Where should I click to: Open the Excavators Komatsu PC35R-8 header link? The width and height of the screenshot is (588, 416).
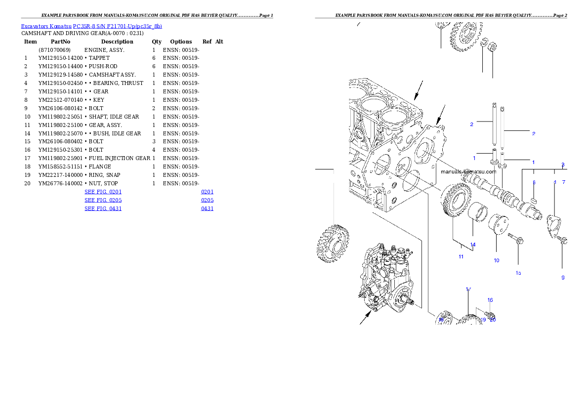pyautogui.click(x=91, y=26)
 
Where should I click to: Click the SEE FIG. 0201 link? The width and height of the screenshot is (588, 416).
pyautogui.click(x=103, y=191)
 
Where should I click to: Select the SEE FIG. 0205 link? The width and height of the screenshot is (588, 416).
pyautogui.click(x=103, y=200)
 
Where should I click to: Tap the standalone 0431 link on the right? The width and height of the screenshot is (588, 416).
pyautogui.click(x=207, y=208)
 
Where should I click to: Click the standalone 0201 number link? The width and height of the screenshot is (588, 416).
pyautogui.click(x=207, y=191)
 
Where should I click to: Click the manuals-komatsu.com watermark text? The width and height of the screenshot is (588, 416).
pyautogui.click(x=468, y=172)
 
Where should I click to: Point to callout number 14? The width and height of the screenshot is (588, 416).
pyautogui.click(x=473, y=245)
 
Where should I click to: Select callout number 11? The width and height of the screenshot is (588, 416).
pyautogui.click(x=461, y=256)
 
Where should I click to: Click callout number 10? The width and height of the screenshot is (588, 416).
pyautogui.click(x=496, y=260)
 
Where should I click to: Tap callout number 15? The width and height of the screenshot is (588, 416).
pyautogui.click(x=518, y=273)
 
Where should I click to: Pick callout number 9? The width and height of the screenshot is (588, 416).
pyautogui.click(x=563, y=278)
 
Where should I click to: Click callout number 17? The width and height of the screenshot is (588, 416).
pyautogui.click(x=468, y=290)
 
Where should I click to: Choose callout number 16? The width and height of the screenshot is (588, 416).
pyautogui.click(x=490, y=300)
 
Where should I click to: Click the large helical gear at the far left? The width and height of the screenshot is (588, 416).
pyautogui.click(x=333, y=243)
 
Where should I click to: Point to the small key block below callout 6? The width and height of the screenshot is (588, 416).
pyautogui.click(x=534, y=200)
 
